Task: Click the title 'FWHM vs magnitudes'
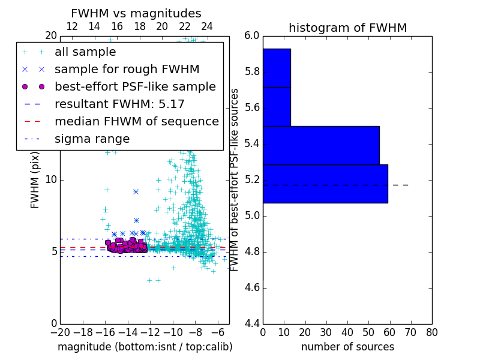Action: click(136, 13)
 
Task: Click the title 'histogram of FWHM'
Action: click(347, 28)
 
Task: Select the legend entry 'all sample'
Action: click(85, 52)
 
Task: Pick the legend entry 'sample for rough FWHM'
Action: click(127, 70)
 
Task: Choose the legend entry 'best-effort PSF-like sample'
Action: click(135, 87)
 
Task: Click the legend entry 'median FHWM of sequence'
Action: click(136, 122)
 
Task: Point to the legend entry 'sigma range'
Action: click(92, 139)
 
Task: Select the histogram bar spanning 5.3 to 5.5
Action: click(321, 145)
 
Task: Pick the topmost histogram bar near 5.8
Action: click(277, 68)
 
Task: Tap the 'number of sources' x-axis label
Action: click(347, 347)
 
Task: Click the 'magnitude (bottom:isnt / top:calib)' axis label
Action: click(145, 347)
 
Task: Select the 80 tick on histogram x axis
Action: click(431, 332)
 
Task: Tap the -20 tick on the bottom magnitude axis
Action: click(60, 332)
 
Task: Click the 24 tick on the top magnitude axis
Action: click(207, 27)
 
